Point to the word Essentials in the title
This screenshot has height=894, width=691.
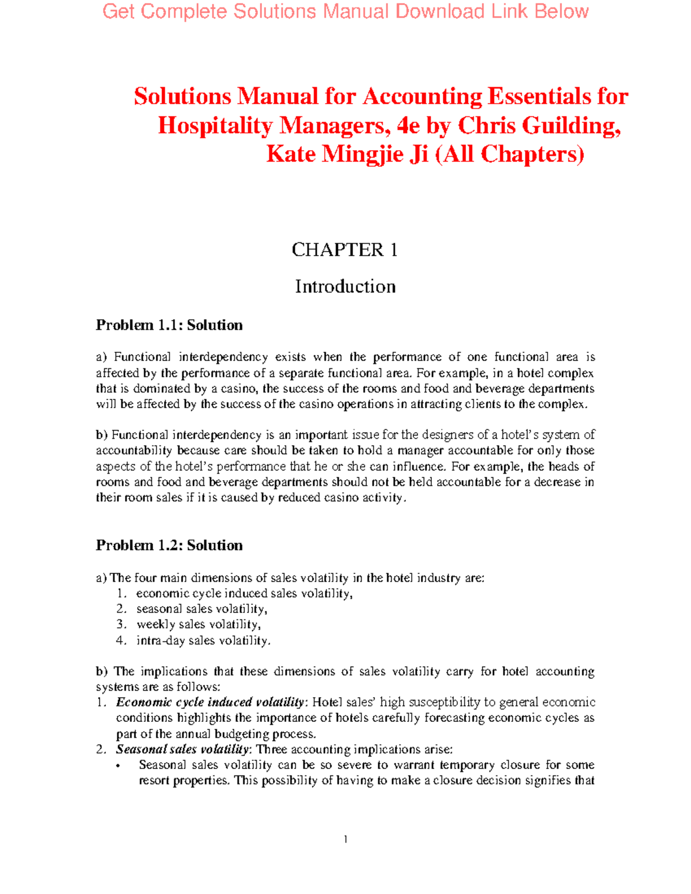(x=538, y=96)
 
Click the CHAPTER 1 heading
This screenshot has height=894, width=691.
(x=344, y=250)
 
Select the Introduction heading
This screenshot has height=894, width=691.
(x=345, y=287)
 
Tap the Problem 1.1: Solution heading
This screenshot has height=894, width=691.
(x=169, y=325)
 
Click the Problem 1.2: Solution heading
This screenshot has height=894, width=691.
(x=169, y=545)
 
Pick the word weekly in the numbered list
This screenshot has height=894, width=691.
(x=155, y=625)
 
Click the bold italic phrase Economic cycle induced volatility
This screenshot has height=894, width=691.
(x=210, y=702)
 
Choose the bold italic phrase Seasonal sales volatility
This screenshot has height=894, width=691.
(x=183, y=750)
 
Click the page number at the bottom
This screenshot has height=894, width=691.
(x=345, y=839)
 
